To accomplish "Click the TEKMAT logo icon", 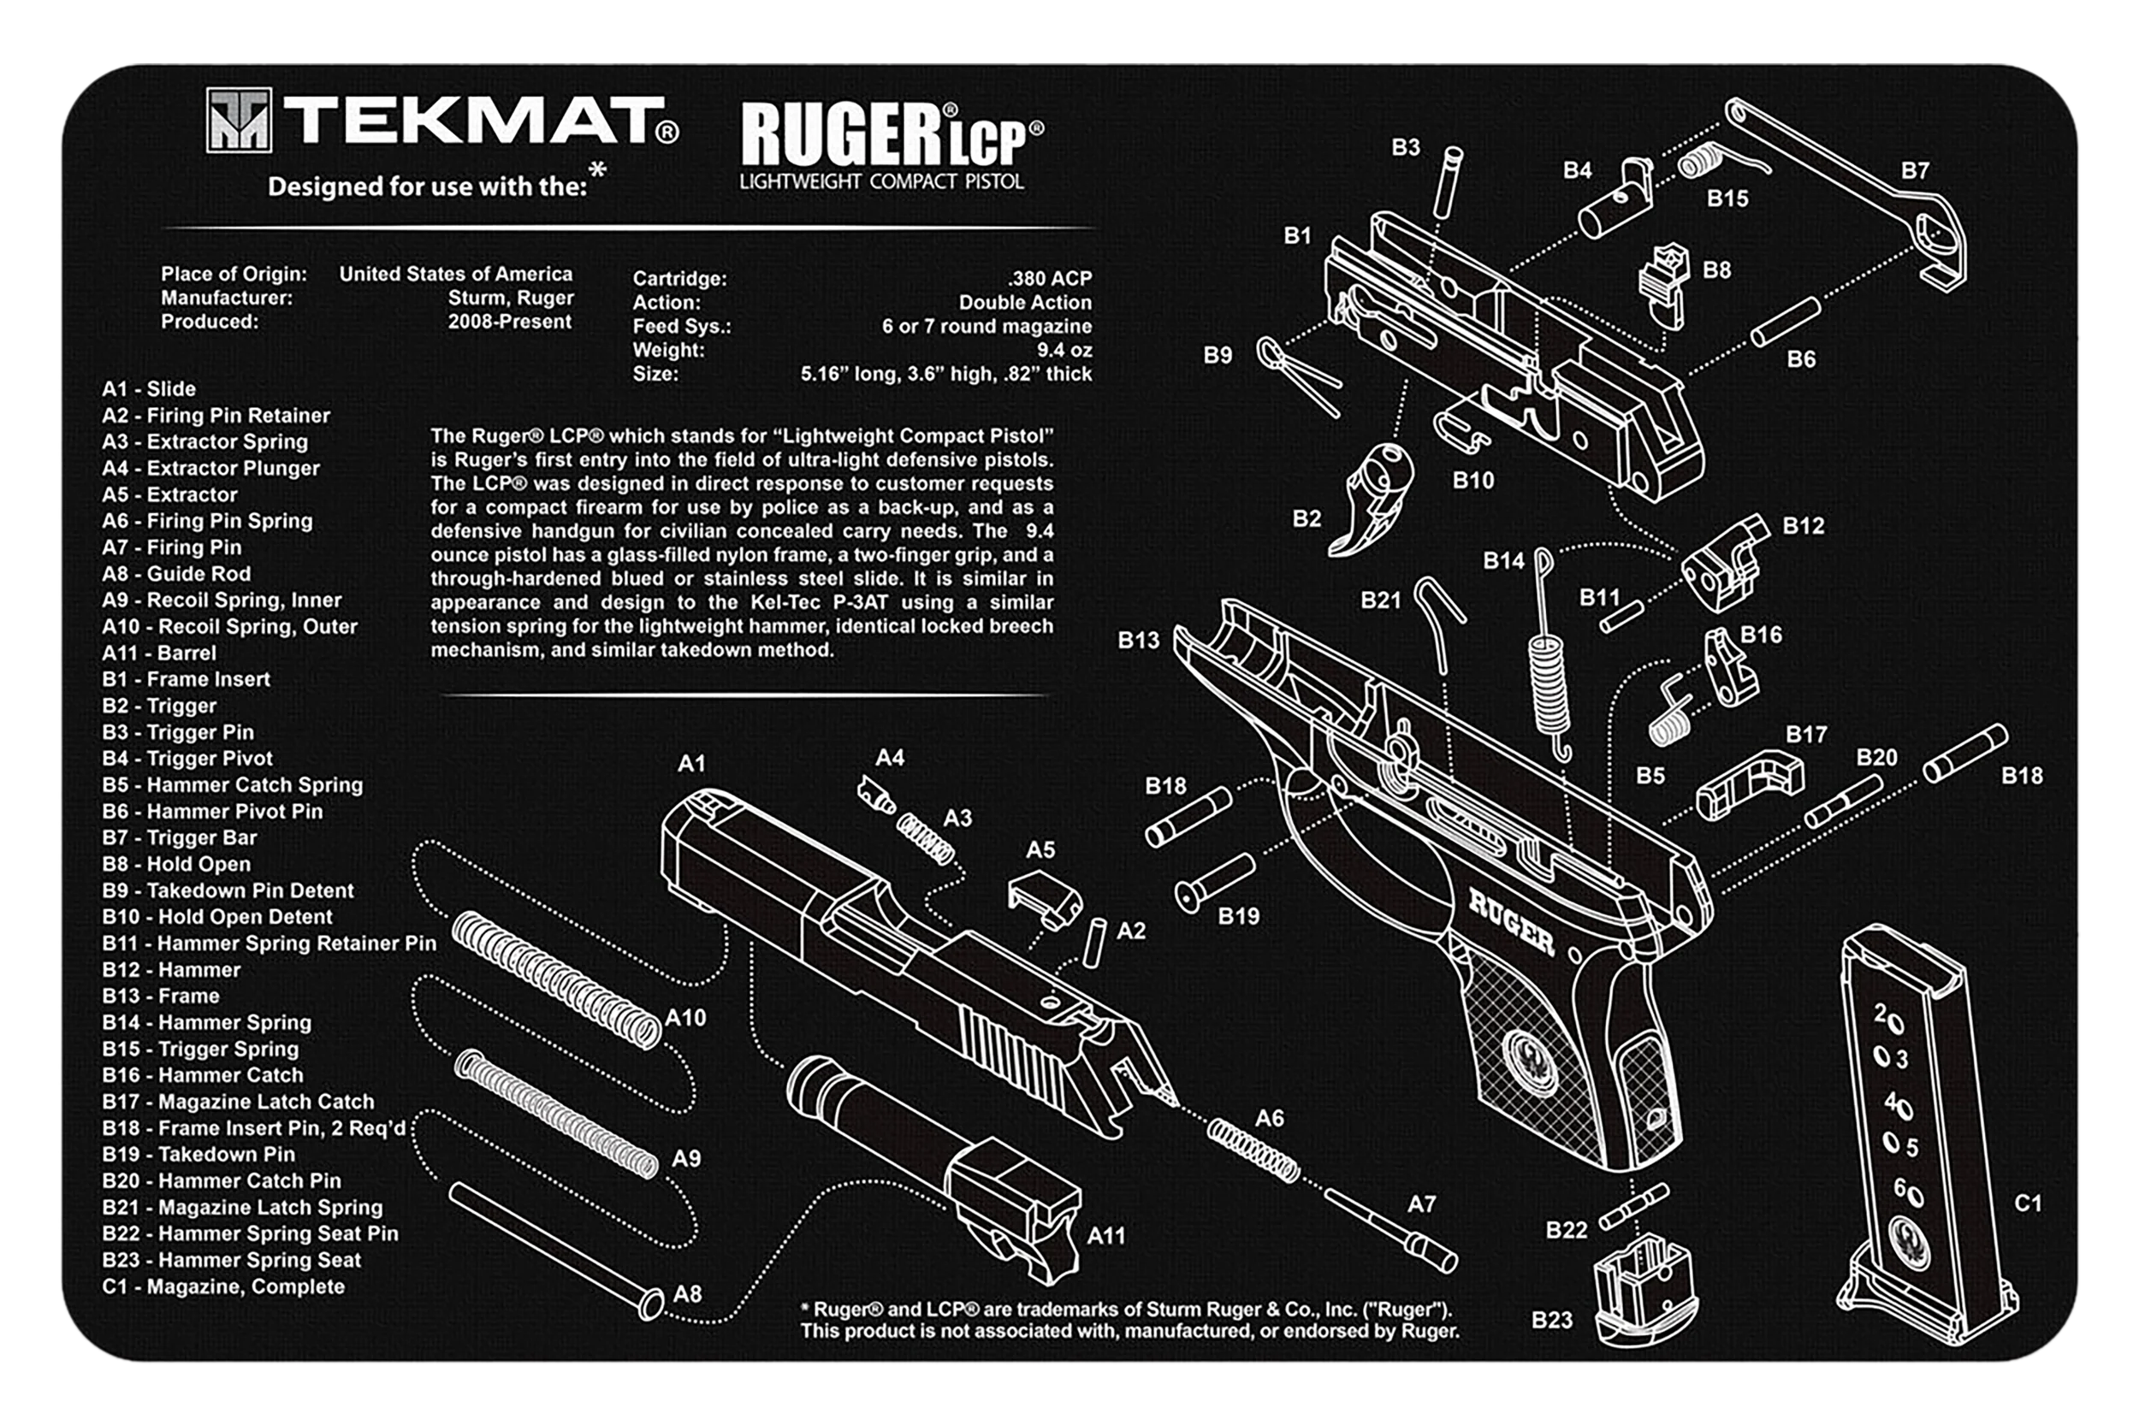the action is (238, 119).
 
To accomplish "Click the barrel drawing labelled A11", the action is (936, 1167).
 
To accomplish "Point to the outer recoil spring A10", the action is (556, 979).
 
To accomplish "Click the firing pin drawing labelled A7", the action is (1391, 1231).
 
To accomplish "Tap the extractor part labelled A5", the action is (1045, 898).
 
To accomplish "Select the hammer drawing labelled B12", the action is (1722, 562).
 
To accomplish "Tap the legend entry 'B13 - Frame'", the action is (161, 996).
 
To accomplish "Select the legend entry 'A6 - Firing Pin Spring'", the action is (207, 521).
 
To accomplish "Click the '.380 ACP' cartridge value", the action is (1049, 278).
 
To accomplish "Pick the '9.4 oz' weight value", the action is (1064, 350).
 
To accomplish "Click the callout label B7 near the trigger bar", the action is (1915, 171).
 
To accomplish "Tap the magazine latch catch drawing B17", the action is (1750, 783).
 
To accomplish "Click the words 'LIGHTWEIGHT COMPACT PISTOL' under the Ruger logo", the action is (882, 181).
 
